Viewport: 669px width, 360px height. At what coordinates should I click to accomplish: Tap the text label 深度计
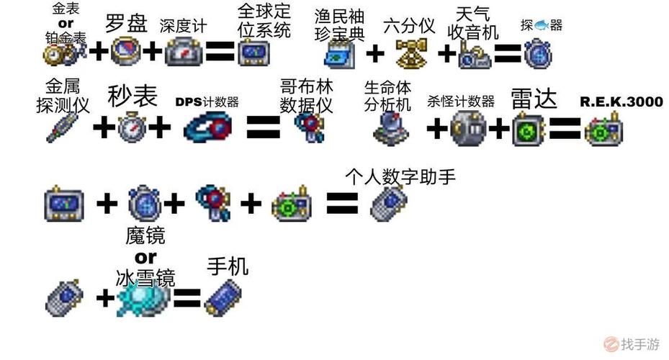(x=183, y=26)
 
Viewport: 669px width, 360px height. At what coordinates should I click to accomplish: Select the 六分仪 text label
(x=409, y=26)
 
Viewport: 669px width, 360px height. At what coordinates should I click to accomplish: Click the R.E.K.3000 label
(x=621, y=102)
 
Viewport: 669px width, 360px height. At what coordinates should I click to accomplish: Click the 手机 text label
(x=227, y=268)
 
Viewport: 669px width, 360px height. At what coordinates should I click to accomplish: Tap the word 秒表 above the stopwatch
(x=133, y=96)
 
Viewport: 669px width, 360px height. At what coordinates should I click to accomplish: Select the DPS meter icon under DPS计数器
(x=207, y=128)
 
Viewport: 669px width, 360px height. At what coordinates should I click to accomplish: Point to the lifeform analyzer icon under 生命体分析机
(x=390, y=128)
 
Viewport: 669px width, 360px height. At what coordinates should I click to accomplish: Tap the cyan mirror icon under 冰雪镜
(x=145, y=296)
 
